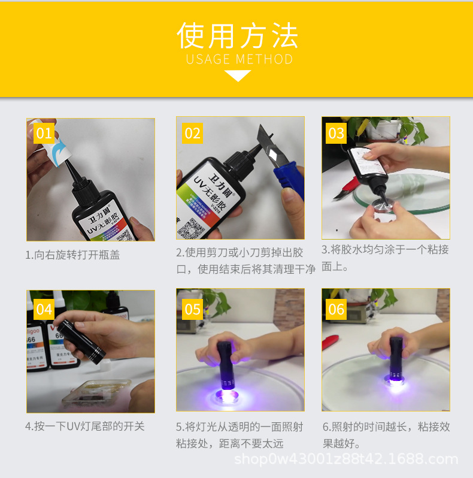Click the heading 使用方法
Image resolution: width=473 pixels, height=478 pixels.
pos(238,36)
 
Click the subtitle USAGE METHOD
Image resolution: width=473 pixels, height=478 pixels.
pos(239,59)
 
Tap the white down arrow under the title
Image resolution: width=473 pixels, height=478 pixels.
pos(238,75)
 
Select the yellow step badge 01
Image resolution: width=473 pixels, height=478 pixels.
pos(44,133)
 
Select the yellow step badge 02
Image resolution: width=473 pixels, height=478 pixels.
pos(192,133)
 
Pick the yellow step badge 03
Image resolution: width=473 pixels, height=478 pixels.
pos(336,133)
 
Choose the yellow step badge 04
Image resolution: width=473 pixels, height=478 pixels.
pos(44,309)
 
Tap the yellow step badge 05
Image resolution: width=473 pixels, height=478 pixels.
pos(192,309)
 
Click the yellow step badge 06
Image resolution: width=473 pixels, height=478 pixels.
pos(336,309)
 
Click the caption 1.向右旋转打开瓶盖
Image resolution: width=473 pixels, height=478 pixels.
pos(72,255)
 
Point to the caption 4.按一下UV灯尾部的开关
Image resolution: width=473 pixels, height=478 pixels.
pos(84,426)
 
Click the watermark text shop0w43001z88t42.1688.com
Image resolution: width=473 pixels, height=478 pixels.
pos(346,459)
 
